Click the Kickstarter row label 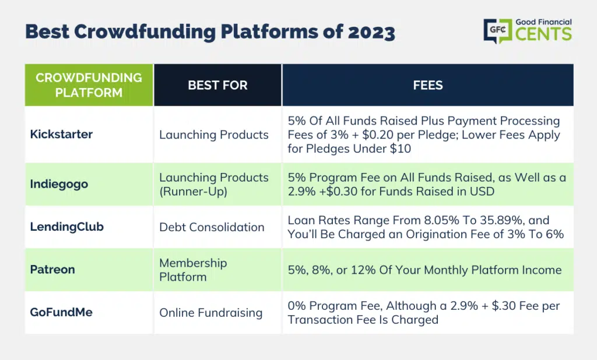[x=61, y=135]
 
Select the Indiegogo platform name [x=59, y=184]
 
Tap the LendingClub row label [x=66, y=227]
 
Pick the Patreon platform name [x=52, y=270]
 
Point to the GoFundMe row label [x=61, y=312]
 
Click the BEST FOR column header [x=218, y=85]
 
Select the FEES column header [x=428, y=85]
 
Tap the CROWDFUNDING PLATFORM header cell [x=89, y=85]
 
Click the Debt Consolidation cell [x=212, y=227]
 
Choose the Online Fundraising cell [x=211, y=313]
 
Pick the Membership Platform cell [x=193, y=270]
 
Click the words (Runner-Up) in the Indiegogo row [x=194, y=192]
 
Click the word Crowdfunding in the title [x=145, y=32]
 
